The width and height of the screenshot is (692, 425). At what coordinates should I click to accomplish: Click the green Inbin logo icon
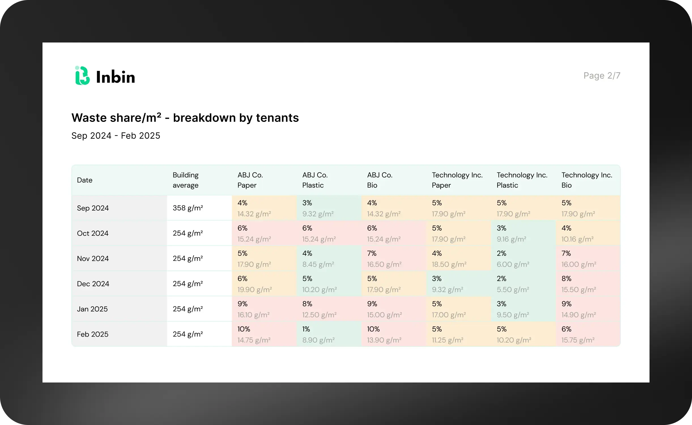pyautogui.click(x=82, y=76)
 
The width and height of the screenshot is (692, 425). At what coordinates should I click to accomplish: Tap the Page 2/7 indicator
pyautogui.click(x=602, y=76)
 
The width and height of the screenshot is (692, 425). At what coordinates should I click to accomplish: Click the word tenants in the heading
pyautogui.click(x=277, y=118)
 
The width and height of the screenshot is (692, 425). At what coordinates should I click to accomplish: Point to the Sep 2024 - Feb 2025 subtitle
pyautogui.click(x=116, y=136)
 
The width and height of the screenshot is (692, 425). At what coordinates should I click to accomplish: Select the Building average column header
pyautogui.click(x=186, y=180)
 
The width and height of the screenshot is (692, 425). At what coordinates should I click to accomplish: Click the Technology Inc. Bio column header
pyautogui.click(x=587, y=180)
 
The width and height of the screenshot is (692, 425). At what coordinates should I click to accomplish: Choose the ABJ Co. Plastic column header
pyautogui.click(x=315, y=180)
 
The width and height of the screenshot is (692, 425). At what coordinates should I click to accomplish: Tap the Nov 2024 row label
pyautogui.click(x=93, y=258)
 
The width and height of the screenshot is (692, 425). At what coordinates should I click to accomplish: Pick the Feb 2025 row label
pyautogui.click(x=93, y=334)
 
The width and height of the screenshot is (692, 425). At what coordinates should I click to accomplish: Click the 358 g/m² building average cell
pyautogui.click(x=188, y=208)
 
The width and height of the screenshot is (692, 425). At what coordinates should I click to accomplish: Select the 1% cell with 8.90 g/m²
pyautogui.click(x=329, y=334)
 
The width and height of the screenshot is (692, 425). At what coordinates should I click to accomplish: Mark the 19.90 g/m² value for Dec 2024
pyautogui.click(x=255, y=290)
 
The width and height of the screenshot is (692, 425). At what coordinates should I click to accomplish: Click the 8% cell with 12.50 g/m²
pyautogui.click(x=329, y=309)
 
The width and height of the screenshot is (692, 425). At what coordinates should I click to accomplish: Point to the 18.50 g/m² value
pyautogui.click(x=449, y=264)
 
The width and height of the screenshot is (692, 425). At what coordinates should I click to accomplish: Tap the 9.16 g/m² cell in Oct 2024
pyautogui.click(x=523, y=233)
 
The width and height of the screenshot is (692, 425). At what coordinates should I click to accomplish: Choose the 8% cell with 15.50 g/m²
pyautogui.click(x=588, y=284)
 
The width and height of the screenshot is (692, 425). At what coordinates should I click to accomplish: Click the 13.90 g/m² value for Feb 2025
pyautogui.click(x=384, y=340)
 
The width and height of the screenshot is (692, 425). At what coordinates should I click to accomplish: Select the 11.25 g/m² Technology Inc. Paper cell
pyautogui.click(x=459, y=334)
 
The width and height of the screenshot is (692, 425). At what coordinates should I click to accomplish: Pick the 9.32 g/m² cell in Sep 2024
pyautogui.click(x=329, y=208)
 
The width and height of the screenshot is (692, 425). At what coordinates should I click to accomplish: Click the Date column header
pyautogui.click(x=85, y=180)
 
